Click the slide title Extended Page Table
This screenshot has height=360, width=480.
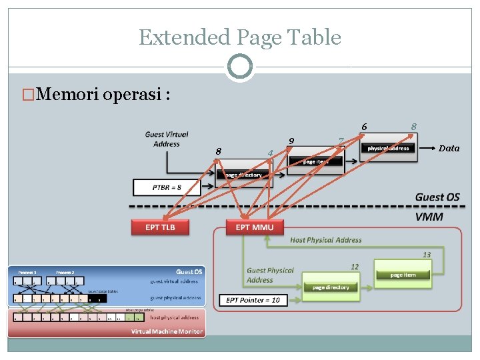pos(239,37)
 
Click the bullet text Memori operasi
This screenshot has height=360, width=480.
pos(103,94)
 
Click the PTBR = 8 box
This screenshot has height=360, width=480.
pos(166,187)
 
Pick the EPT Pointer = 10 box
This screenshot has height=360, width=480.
pos(254,300)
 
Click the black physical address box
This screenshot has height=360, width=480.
pos(389,148)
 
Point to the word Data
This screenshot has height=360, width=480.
pos(449,148)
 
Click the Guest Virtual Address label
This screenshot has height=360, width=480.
pos(166,139)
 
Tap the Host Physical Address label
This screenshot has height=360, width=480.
pos(326,240)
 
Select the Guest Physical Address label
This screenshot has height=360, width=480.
pos(270,275)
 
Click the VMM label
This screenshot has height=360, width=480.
pos(429,217)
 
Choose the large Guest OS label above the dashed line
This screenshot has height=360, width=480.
pos(437,197)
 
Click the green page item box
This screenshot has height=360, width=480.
pos(403,275)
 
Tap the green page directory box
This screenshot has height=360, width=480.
pos(330,287)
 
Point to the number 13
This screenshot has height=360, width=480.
pos(426,255)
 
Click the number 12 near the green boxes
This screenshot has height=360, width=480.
pos(355,267)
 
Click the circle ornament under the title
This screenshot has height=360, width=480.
pos(239,67)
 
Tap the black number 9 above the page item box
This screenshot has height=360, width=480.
pos(291,141)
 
